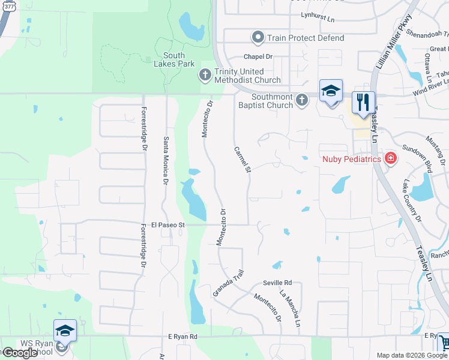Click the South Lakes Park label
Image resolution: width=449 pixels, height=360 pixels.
(x=174, y=59)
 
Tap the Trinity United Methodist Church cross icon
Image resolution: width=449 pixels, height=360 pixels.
(x=204, y=75)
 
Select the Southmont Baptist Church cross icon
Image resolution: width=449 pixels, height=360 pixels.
(x=301, y=99)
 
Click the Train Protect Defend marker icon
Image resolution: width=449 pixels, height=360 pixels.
(x=258, y=38)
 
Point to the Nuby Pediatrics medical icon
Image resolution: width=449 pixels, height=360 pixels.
(x=391, y=158)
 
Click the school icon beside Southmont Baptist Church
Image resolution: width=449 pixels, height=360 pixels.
(x=331, y=92)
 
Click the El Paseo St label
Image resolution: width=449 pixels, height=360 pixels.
(x=170, y=225)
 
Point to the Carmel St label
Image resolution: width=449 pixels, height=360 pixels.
(x=241, y=160)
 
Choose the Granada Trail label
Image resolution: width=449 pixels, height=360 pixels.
(x=229, y=283)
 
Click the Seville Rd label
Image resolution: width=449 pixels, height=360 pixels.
(x=277, y=283)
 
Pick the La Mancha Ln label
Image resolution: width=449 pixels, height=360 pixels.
(x=290, y=308)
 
